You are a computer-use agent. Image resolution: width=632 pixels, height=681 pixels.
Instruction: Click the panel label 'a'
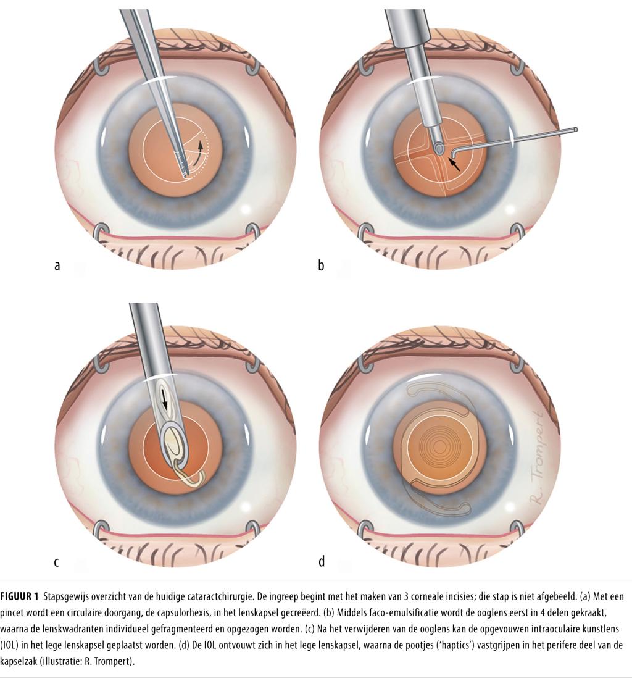point(57,267)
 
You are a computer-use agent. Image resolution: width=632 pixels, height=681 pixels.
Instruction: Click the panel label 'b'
point(321,267)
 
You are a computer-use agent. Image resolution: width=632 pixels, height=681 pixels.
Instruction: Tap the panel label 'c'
point(56,562)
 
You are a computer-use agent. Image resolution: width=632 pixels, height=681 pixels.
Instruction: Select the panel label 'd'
point(321,561)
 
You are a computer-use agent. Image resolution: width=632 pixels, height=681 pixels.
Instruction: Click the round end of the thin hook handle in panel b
point(575,130)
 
